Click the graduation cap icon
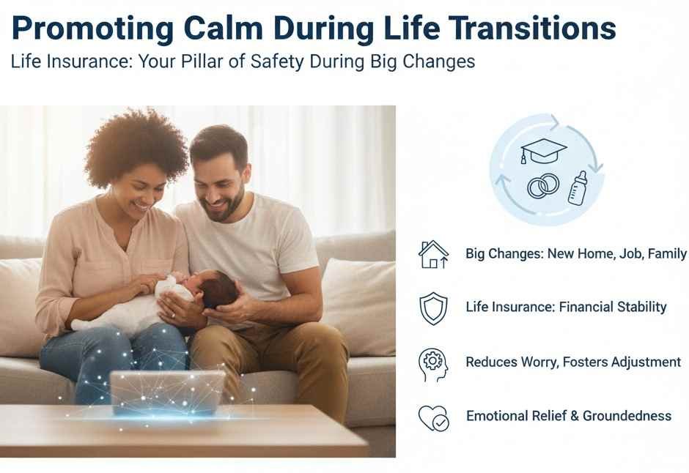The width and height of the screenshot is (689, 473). click(x=543, y=152)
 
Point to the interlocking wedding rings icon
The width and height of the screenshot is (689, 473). click(x=543, y=186)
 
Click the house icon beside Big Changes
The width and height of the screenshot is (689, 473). click(x=432, y=254)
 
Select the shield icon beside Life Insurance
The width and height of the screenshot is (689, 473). click(x=432, y=308)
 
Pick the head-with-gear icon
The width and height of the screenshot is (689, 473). click(x=432, y=364)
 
